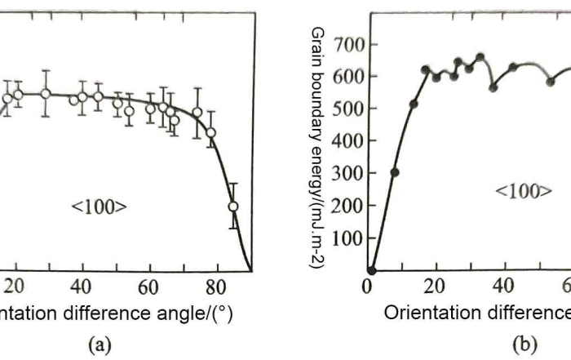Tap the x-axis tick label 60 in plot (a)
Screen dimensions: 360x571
148,287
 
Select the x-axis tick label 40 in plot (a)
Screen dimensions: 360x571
81,287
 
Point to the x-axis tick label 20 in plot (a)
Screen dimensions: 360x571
16,287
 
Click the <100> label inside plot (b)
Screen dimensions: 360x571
524,192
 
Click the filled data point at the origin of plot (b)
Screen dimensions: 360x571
371,270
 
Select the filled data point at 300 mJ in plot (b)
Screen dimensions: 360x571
395,172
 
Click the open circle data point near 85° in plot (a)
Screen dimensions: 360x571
233,207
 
